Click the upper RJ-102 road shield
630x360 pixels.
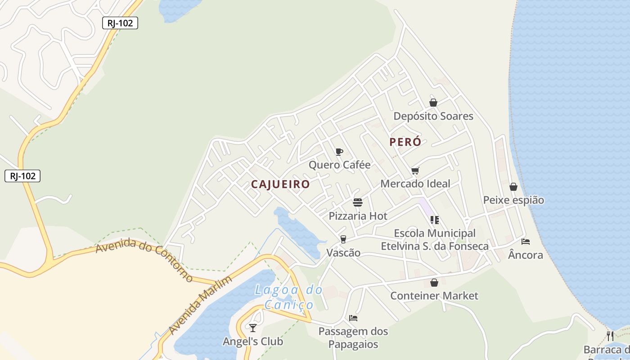120,23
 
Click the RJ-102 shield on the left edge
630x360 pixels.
22,176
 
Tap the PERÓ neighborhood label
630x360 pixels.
405,142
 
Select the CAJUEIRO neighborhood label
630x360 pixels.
280,184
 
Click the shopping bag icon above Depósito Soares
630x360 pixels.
433,103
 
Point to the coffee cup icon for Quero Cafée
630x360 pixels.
339,152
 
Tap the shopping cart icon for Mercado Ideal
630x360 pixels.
415,171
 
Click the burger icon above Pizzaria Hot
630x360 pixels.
358,202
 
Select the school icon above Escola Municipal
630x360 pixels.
434,220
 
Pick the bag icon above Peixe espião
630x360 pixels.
513,187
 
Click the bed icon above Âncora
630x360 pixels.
525,242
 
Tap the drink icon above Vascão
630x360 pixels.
343,239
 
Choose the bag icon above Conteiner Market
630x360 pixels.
434,283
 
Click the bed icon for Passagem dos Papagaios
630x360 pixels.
353,318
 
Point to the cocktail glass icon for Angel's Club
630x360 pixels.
253,328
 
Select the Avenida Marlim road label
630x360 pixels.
201,305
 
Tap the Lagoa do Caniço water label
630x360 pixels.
289,297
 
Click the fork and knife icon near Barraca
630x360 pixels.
610,336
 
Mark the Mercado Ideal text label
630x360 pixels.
415,184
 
